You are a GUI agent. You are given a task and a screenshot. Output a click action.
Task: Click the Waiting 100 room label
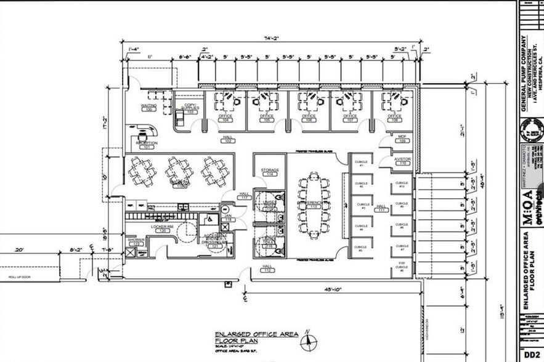point(148,108)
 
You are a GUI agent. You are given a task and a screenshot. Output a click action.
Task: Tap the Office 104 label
point(225,118)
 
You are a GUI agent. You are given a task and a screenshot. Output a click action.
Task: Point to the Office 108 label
point(394,118)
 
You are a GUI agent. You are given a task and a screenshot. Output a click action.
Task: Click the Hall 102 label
point(227,139)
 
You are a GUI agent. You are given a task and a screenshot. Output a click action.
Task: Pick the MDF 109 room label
point(402,139)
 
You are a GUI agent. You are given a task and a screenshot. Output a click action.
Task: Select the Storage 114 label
point(270,172)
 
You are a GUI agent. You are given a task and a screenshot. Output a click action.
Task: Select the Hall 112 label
point(268,269)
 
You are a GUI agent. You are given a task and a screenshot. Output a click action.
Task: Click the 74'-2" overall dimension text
point(272,38)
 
